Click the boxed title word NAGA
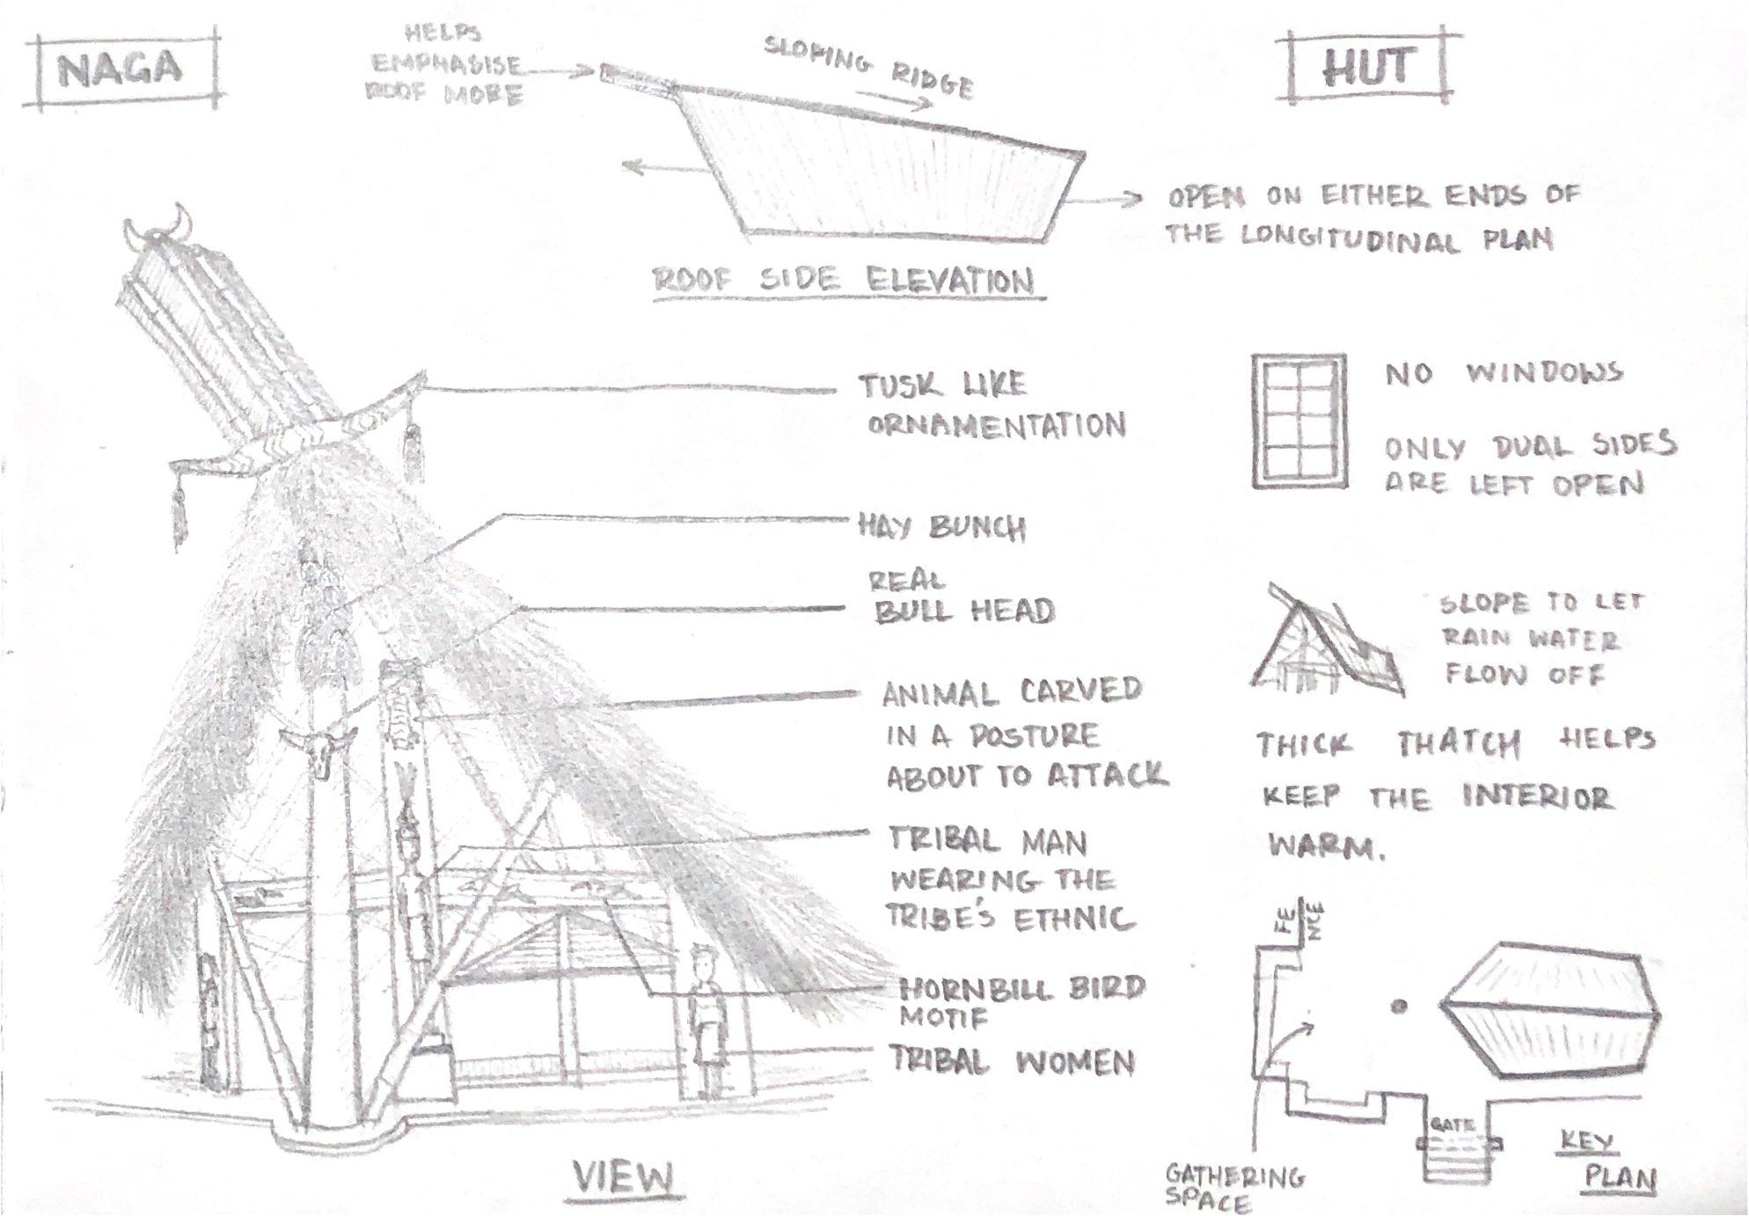click(x=121, y=69)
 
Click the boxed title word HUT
click(x=1367, y=68)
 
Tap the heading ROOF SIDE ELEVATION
click(x=844, y=282)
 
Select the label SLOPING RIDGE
click(x=868, y=67)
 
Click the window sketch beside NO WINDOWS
click(x=1299, y=421)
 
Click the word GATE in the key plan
click(x=1452, y=1124)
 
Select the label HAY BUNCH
click(x=941, y=527)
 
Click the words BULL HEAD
click(x=964, y=611)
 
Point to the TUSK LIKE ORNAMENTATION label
click(x=990, y=406)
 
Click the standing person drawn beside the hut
click(x=705, y=1021)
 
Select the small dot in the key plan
click(x=1398, y=1006)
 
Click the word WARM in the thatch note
click(x=1325, y=846)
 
